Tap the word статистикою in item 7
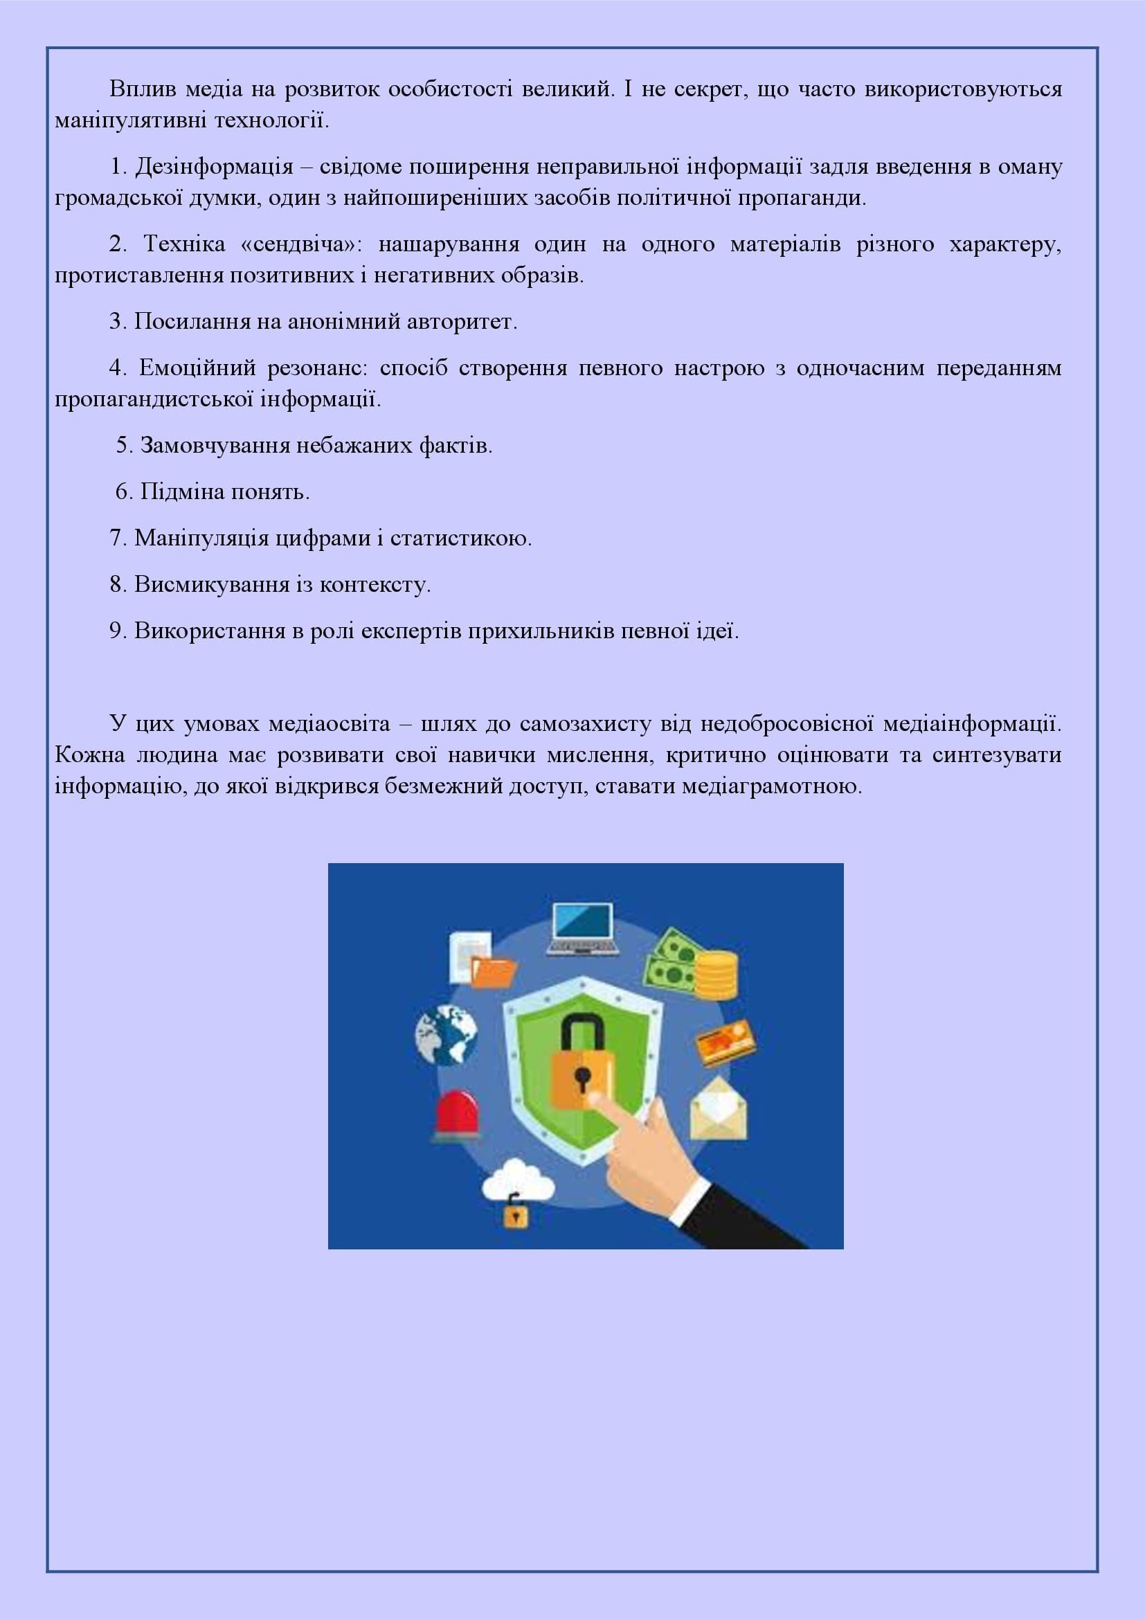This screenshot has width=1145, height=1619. point(460,538)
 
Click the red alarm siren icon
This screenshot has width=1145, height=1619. point(458,1116)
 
